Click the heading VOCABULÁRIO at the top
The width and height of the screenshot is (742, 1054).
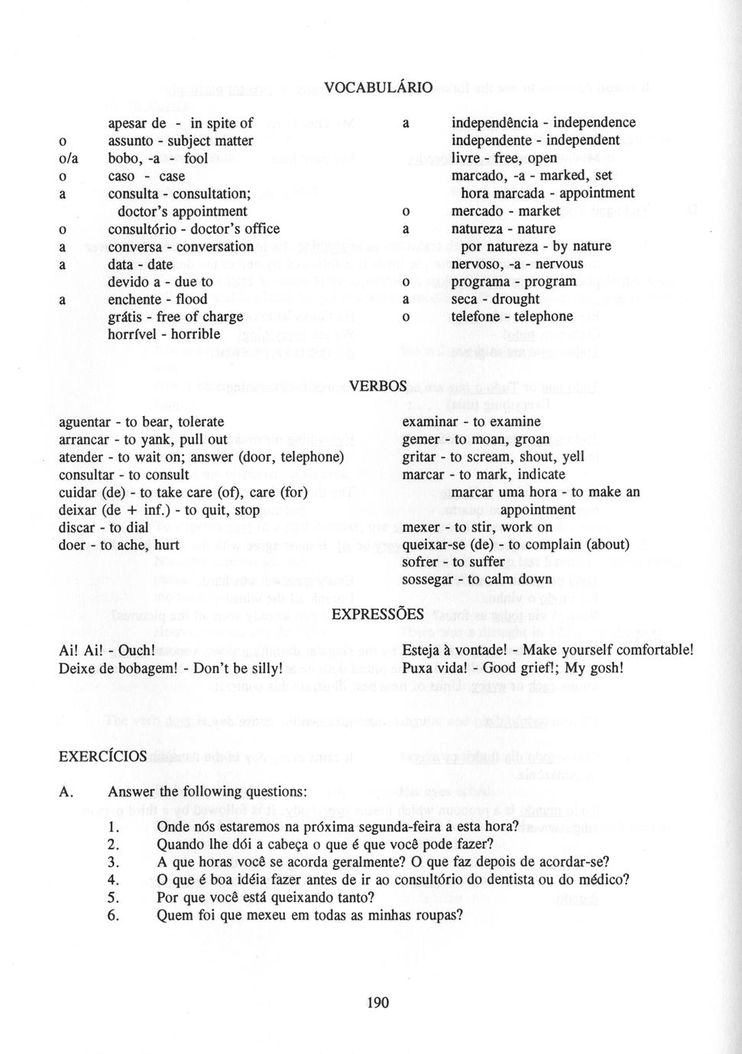[377, 88]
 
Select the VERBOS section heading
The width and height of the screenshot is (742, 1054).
[377, 386]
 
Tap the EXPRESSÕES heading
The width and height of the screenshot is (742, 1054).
[377, 614]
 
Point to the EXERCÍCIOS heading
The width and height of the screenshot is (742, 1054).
[102, 756]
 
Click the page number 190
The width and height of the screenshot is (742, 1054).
[377, 1002]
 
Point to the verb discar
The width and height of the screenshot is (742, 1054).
[78, 528]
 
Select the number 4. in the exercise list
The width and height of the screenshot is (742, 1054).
[114, 880]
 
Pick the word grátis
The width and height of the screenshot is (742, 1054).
[128, 317]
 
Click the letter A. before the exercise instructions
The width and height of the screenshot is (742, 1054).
[66, 792]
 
